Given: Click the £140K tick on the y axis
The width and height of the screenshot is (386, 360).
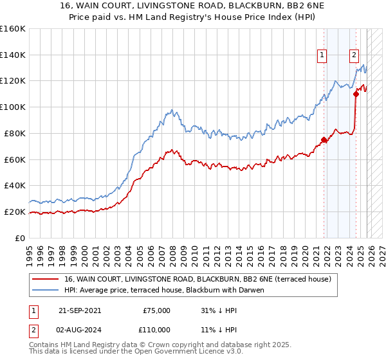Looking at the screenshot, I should point(13,55).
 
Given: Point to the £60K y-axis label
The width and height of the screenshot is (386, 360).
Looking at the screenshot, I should point(15,159).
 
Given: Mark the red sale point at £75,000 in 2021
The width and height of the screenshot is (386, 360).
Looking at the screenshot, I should point(324,139).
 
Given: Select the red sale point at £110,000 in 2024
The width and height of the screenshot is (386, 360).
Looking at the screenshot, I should point(356,94).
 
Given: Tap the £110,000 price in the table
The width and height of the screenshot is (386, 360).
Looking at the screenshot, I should point(154,330).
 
